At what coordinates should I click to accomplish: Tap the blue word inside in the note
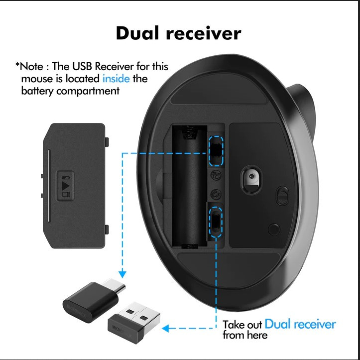[x=116, y=78]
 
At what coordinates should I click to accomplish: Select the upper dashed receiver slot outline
[x=216, y=150]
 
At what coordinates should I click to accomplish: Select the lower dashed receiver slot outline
[x=216, y=221]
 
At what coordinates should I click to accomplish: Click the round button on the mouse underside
[x=273, y=229]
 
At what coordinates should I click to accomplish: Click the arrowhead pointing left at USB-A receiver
[x=167, y=328]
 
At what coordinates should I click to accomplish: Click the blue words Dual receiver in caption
[x=300, y=324]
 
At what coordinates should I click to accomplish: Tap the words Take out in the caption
[x=242, y=325]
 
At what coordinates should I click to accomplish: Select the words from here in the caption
[x=245, y=335]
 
